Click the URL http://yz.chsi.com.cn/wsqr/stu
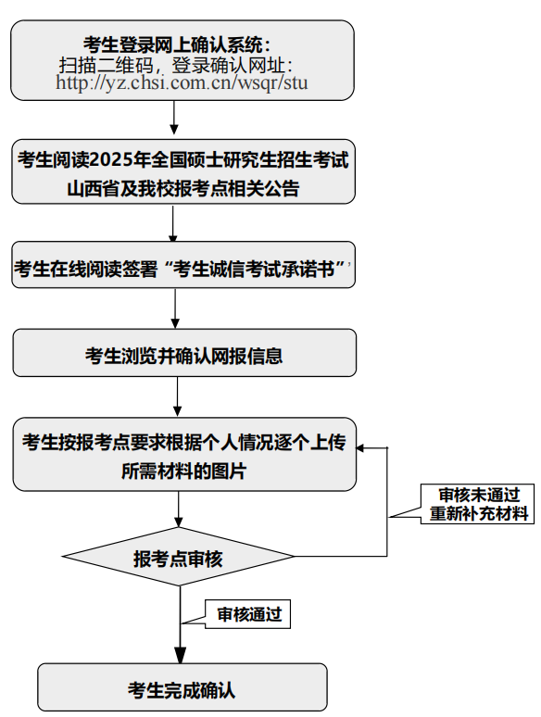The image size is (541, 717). pyautogui.click(x=182, y=82)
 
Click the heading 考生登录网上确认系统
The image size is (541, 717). pyautogui.click(x=177, y=44)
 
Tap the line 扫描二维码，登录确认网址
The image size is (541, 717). pyautogui.click(x=176, y=65)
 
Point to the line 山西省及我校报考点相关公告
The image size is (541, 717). pyautogui.click(x=182, y=188)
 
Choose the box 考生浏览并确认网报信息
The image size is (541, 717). pyautogui.click(x=184, y=353)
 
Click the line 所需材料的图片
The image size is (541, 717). pyautogui.click(x=183, y=471)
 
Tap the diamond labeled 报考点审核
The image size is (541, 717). pyautogui.click(x=179, y=557)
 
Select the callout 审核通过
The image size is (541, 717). pyautogui.click(x=247, y=614)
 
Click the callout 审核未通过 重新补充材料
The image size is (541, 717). pyautogui.click(x=477, y=504)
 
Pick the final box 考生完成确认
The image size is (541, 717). pyautogui.click(x=182, y=686)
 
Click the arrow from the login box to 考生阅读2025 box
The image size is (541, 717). pyautogui.click(x=174, y=118)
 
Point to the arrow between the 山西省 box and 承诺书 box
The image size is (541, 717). pyautogui.click(x=173, y=223)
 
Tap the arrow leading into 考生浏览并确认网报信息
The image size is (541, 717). pyautogui.click(x=175, y=308)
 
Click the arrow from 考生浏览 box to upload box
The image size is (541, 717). pyautogui.click(x=178, y=396)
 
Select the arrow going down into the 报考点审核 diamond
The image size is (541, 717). pyautogui.click(x=179, y=509)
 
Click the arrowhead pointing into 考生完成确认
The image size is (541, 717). pyautogui.click(x=181, y=655)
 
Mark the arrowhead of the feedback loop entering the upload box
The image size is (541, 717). pyautogui.click(x=360, y=447)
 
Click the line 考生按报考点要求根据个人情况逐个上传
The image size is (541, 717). pyautogui.click(x=183, y=442)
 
